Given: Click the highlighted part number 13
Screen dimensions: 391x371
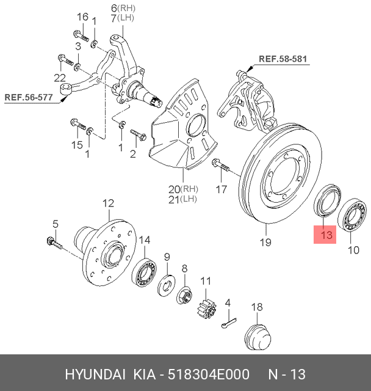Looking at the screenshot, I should click(325, 234).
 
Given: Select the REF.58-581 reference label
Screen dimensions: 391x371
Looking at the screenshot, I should click(284, 59).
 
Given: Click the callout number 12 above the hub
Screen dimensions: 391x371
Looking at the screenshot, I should click(107, 203).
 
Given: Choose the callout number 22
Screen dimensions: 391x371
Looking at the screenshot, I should click(59, 77).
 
